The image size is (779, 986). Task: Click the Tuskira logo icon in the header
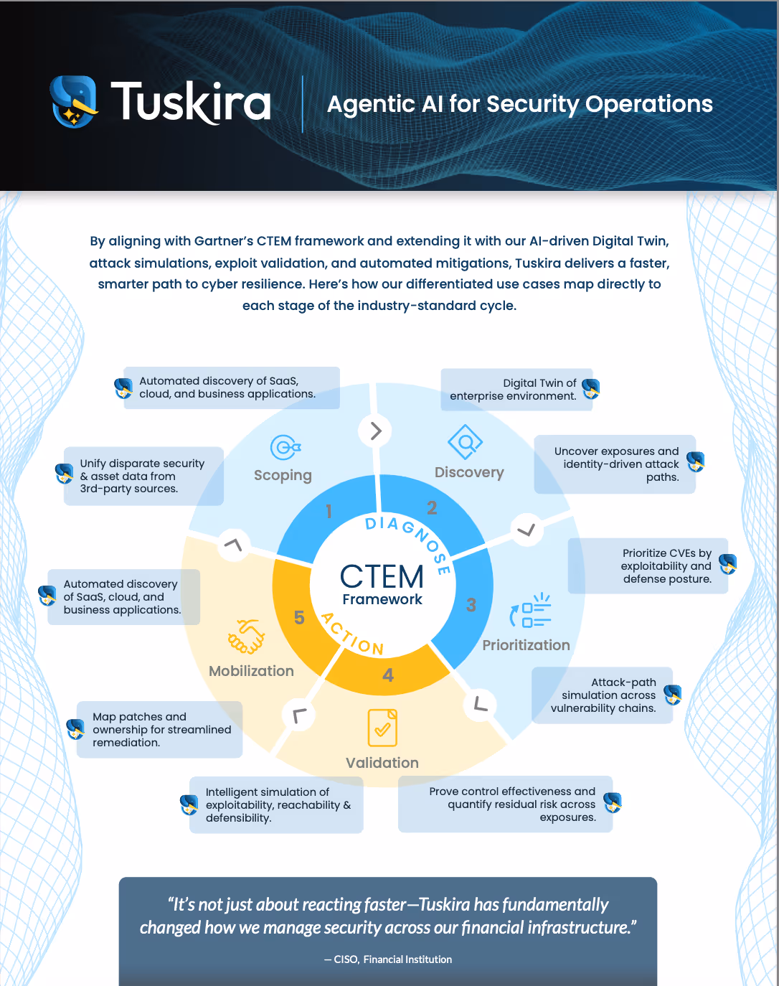74,101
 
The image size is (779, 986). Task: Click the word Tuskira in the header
191,102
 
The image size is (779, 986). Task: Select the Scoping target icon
285,448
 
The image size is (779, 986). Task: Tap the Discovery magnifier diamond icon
465,442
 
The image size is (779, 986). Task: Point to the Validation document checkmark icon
382,728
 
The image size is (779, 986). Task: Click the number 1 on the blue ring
329,511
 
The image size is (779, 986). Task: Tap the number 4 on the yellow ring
388,675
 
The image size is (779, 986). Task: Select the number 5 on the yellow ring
299,617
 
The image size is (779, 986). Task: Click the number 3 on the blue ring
471,605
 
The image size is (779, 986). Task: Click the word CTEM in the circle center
382,576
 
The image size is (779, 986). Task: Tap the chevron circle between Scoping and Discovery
375,431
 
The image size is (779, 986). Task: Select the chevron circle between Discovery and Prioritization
527,530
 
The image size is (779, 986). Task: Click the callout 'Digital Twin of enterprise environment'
516,390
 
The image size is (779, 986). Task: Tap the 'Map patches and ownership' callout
159,730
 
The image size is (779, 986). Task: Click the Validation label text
382,763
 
